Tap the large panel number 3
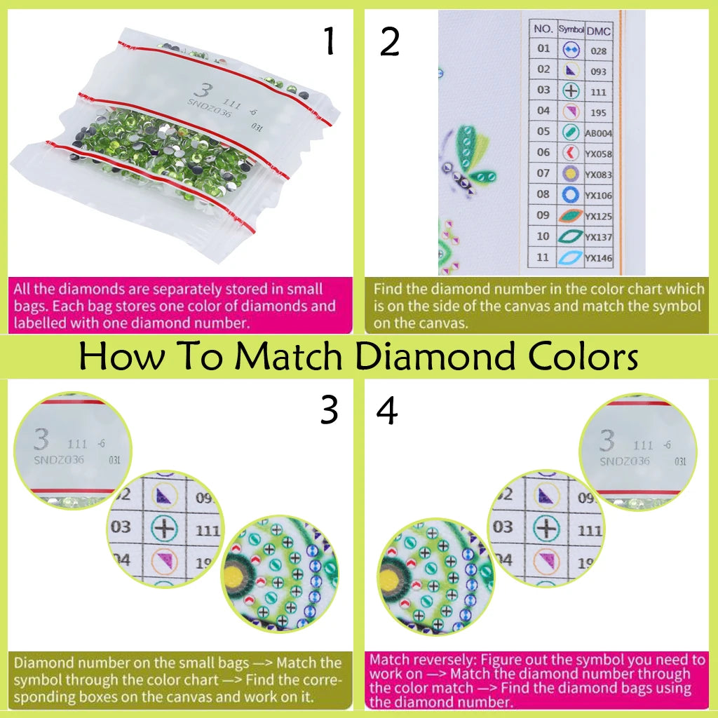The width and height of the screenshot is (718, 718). coord(329,410)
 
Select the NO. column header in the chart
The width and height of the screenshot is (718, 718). coord(543,29)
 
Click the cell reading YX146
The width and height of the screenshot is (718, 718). coord(599,259)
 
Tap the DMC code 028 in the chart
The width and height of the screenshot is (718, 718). coord(599,51)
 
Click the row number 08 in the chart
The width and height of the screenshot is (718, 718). coord(543,195)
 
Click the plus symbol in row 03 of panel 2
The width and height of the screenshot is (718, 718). coord(570,91)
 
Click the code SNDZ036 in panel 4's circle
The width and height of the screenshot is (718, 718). coord(625,461)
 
